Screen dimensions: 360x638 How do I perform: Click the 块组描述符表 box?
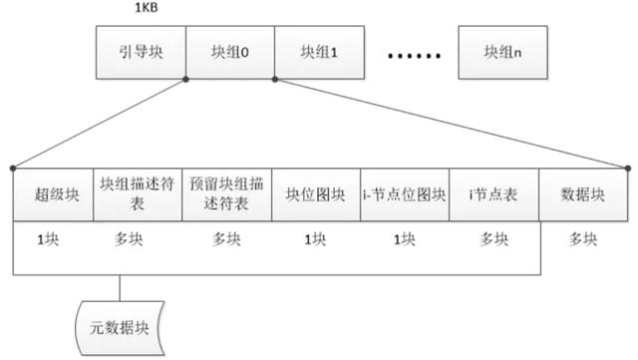(138, 194)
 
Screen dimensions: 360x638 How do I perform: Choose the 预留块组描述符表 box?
(226, 194)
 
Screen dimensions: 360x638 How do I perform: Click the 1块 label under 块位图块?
(315, 238)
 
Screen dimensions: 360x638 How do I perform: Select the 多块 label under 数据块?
(584, 238)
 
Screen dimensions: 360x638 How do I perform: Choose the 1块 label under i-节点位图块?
(404, 238)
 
